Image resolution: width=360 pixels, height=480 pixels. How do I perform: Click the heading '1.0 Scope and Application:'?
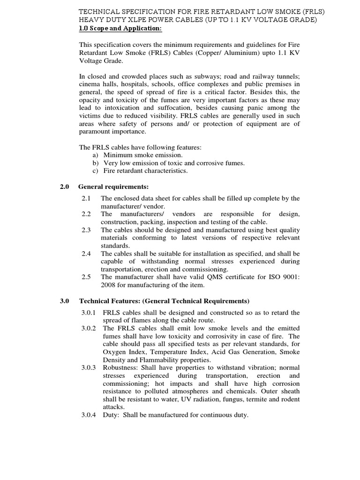pyautogui.click(x=120, y=29)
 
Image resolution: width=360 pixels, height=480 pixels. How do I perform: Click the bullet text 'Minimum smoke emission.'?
pyautogui.click(x=143, y=155)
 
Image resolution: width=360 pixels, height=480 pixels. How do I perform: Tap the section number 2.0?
pyautogui.click(x=65, y=187)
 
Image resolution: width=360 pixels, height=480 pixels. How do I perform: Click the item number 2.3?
pyautogui.click(x=86, y=230)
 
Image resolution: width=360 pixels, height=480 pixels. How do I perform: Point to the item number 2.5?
pyautogui.click(x=86, y=277)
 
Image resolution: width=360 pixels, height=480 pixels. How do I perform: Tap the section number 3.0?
pyautogui.click(x=65, y=300)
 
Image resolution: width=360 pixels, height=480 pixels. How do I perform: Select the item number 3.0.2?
pyautogui.click(x=89, y=328)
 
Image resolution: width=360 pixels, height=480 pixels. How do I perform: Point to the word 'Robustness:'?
pyautogui.click(x=121, y=367)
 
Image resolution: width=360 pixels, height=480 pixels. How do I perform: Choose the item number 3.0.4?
pyautogui.click(x=89, y=415)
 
